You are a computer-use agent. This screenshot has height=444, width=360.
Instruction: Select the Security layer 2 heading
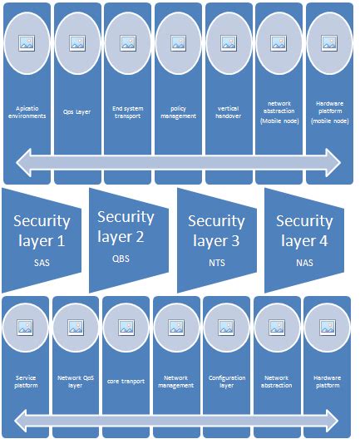pos(126,226)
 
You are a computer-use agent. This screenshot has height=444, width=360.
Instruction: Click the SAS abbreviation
pos(42,263)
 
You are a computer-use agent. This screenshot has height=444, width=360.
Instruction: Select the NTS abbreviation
pos(217,264)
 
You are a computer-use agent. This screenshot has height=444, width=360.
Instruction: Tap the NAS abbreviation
pos(304,263)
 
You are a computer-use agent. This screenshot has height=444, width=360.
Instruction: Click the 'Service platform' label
pos(25,382)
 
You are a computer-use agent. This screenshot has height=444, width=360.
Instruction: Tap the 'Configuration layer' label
pos(227,382)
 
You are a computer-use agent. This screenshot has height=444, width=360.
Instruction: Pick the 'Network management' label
pos(176,382)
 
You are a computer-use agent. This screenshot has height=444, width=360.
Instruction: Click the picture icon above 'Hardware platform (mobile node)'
pos(329,43)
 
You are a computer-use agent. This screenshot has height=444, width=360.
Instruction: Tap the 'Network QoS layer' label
pos(76,382)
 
